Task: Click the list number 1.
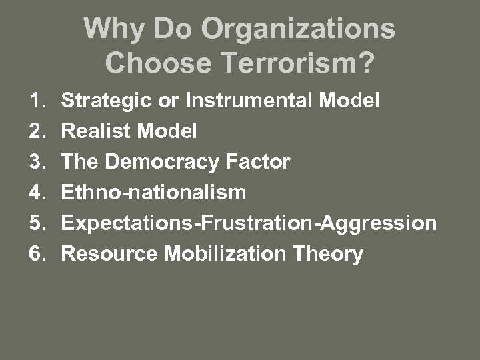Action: (36, 101)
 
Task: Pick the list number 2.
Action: (36, 131)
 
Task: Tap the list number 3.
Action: (36, 162)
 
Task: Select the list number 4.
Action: (36, 193)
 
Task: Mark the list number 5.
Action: (36, 223)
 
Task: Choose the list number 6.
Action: (36, 254)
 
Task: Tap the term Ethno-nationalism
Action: (153, 193)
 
